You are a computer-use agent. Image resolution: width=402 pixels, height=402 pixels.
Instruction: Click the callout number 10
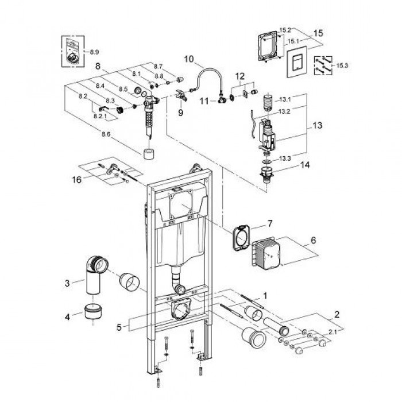(190, 59)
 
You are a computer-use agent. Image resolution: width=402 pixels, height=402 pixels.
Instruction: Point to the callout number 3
(68, 283)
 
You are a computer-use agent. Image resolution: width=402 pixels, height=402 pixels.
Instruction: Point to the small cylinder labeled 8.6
(150, 154)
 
